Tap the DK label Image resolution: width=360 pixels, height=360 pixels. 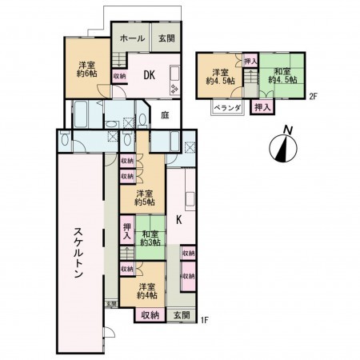[x=149, y=75]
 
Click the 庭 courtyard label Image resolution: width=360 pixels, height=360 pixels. [x=163, y=114]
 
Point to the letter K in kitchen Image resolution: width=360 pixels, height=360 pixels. [x=178, y=217]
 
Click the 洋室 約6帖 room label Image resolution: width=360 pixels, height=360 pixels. [x=87, y=69]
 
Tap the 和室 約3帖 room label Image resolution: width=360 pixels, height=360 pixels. [x=150, y=238]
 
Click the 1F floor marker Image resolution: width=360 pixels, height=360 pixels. [x=205, y=321]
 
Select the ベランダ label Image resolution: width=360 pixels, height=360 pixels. [x=227, y=110]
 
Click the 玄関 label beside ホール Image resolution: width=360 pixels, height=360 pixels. [x=166, y=38]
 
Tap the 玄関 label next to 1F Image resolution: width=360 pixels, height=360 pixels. [x=181, y=315]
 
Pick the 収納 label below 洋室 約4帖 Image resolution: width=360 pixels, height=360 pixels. [x=150, y=315]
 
